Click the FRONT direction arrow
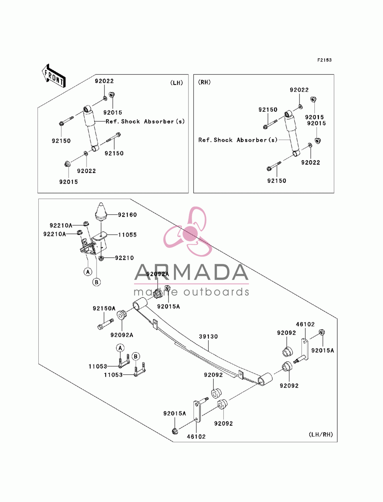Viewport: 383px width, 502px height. pos(54,76)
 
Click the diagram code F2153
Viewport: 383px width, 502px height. pos(324,60)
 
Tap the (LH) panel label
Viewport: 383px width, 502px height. pos(177,83)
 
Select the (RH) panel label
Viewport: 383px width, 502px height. pos(204,82)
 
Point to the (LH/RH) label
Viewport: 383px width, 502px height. pos(321,434)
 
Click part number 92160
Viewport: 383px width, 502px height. pos(127,215)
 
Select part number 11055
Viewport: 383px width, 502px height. pos(127,235)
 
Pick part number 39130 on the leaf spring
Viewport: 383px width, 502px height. pos(208,336)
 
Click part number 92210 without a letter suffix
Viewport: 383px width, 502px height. pos(124,258)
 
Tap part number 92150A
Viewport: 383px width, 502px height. pos(104,308)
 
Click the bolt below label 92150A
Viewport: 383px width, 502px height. pos(105,324)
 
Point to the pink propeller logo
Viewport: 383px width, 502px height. pos(188,232)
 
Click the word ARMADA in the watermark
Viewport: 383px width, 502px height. pos(191,272)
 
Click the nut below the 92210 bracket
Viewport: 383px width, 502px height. pos(101,258)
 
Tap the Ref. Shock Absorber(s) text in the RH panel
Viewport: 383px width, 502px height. pos(238,140)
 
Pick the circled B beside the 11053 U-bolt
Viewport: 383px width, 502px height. pos(136,357)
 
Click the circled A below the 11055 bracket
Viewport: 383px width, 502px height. pos(88,272)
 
